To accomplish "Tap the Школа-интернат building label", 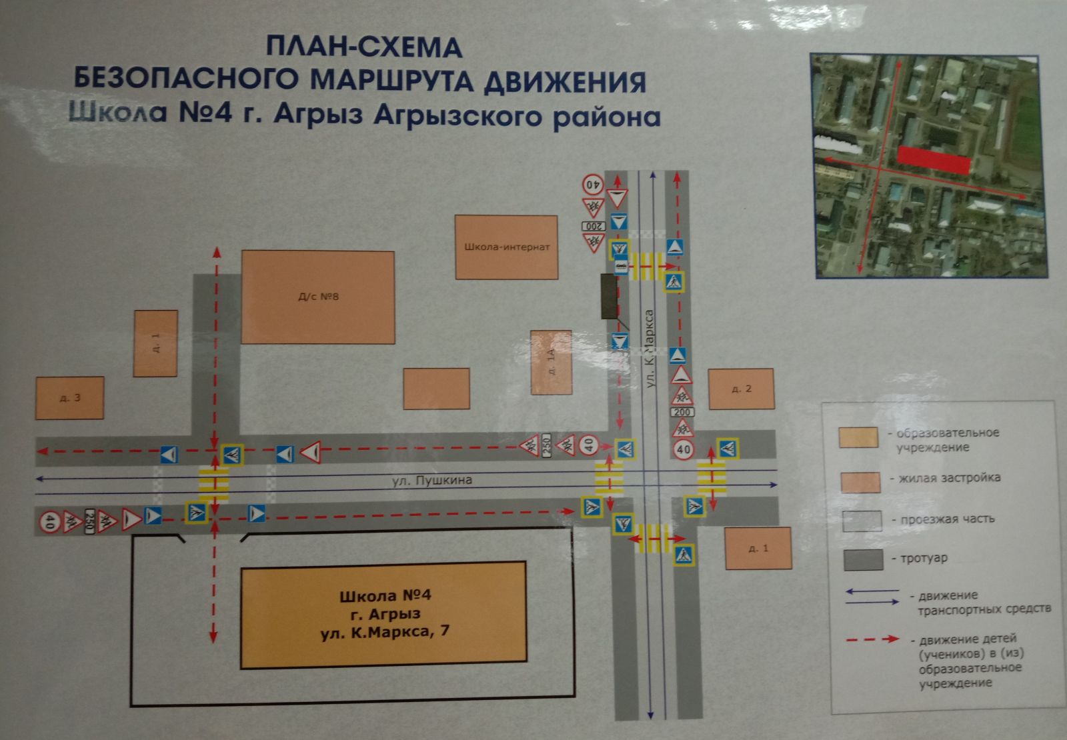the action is (x=507, y=247).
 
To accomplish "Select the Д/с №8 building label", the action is (x=318, y=296).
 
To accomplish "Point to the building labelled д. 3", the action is (x=69, y=398).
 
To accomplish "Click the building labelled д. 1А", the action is (x=552, y=362).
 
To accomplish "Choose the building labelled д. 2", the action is (x=741, y=389).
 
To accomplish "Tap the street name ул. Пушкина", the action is (x=432, y=480).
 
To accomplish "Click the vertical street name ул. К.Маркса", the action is (x=650, y=348).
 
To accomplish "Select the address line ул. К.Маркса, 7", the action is (x=385, y=631).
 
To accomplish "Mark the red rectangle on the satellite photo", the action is (x=934, y=160).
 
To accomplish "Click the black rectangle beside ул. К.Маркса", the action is (x=609, y=296).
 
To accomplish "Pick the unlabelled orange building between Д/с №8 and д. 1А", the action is (x=436, y=388).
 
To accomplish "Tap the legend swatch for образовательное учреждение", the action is (x=858, y=437).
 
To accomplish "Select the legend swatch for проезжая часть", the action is (x=861, y=521).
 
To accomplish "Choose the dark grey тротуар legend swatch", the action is (x=862, y=560).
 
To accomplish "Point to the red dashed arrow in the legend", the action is (x=873, y=639).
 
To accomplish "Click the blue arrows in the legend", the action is (x=872, y=597).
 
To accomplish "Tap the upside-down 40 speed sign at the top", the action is (x=593, y=183).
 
